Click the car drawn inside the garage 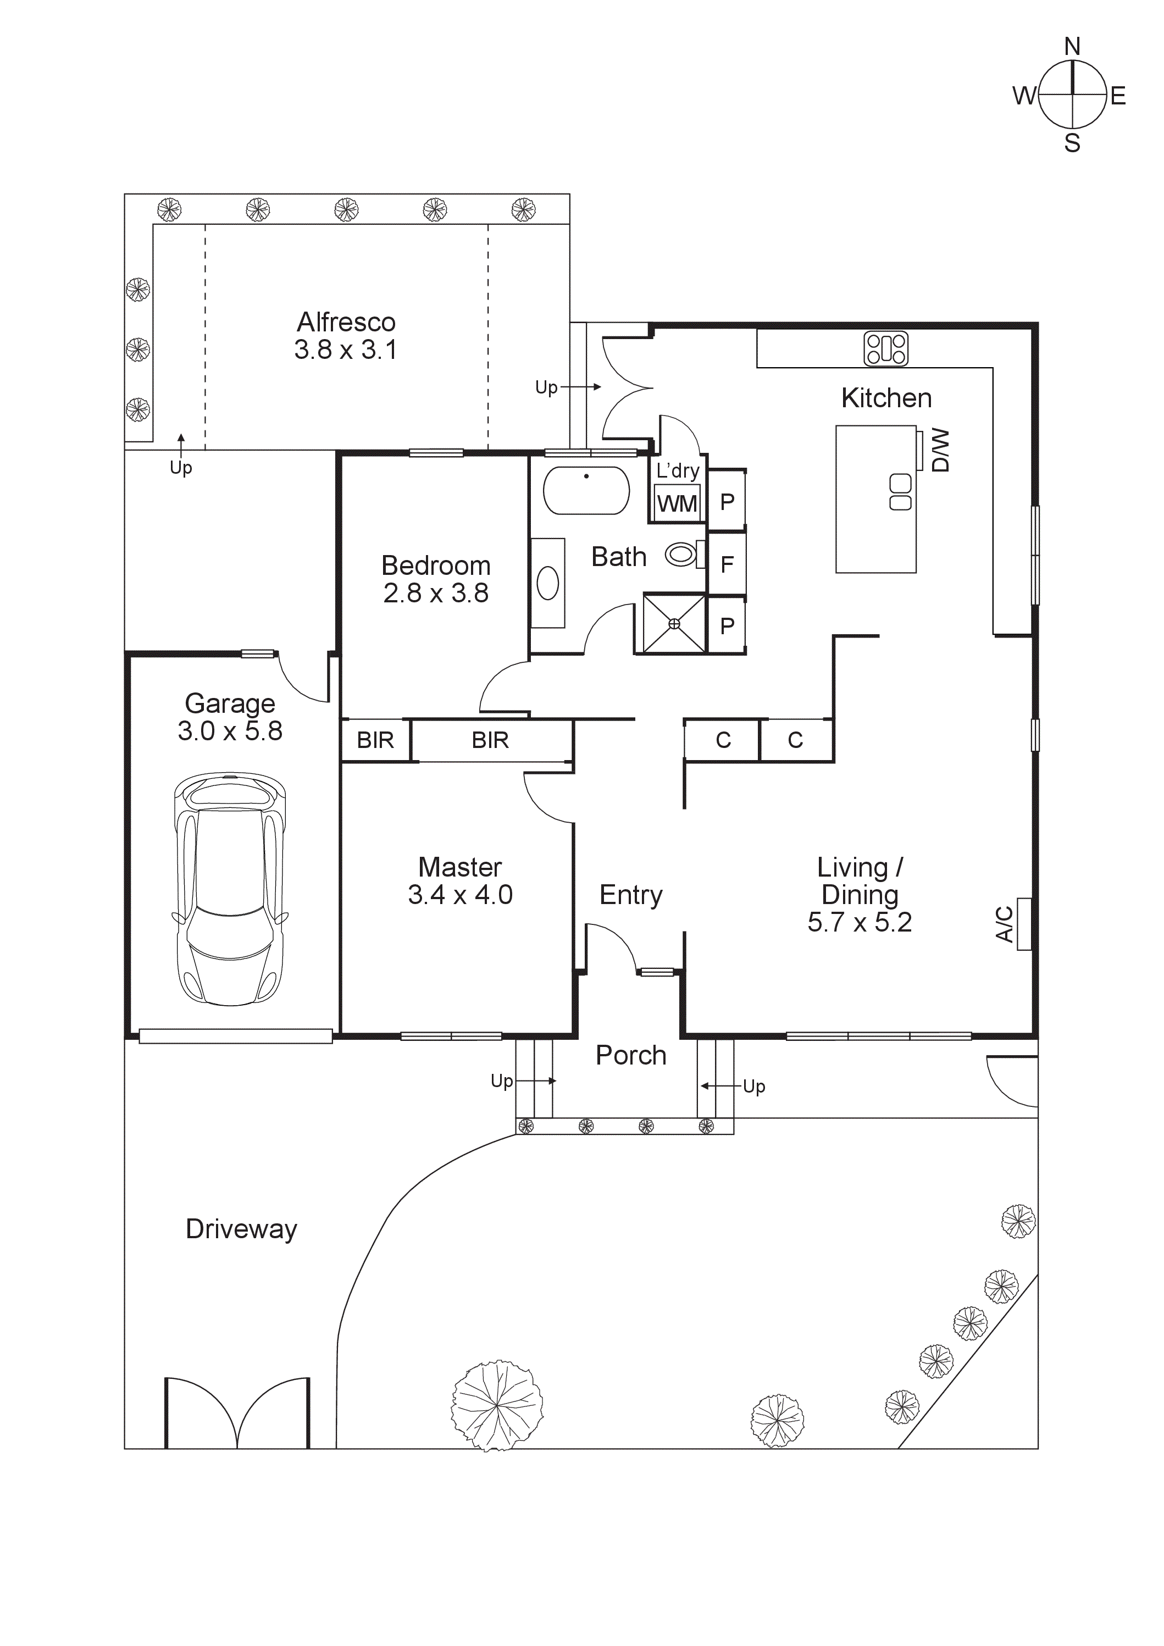coord(229,889)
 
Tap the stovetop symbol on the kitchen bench coord(886,348)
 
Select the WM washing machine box coord(677,503)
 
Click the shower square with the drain coord(674,624)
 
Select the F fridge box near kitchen coord(727,564)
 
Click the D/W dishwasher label coord(940,450)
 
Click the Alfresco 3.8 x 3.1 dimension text coord(346,350)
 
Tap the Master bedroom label coord(459,867)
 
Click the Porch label coord(631,1055)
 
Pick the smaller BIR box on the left coord(375,740)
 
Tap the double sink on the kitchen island coord(900,492)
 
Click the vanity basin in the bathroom coord(547,583)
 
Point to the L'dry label coord(677,471)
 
